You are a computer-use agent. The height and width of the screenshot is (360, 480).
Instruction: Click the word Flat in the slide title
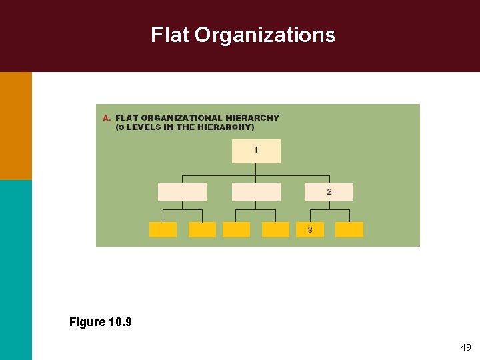coord(170,35)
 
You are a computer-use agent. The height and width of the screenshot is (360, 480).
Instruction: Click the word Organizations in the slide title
coord(265,35)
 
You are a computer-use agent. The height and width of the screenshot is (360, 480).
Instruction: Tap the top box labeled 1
coord(256,151)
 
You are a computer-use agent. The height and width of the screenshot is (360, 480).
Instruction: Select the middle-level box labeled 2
coord(329,192)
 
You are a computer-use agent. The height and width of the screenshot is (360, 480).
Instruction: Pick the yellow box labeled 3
coord(309,230)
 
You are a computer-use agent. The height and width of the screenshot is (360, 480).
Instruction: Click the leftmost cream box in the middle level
coord(182,192)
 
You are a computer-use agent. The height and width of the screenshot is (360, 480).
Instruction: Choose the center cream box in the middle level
coord(256,192)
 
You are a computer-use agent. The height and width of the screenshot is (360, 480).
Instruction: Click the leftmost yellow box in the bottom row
coord(163,230)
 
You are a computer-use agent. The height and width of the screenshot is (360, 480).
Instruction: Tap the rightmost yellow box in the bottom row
coord(349,230)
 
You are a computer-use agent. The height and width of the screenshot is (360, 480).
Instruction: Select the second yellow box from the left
coord(202,230)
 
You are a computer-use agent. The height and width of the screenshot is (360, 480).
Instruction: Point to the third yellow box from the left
coord(236,230)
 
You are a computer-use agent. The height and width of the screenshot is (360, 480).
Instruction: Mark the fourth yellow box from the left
coord(275,230)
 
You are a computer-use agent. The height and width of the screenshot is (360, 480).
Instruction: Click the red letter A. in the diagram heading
coord(107,118)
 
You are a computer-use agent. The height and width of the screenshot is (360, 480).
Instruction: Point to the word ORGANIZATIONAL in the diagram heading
coord(183,118)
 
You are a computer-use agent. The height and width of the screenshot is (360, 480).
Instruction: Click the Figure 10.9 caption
coord(101,323)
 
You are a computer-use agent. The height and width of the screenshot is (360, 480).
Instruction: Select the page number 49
coord(465,347)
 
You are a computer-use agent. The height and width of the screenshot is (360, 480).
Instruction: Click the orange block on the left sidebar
coord(15,125)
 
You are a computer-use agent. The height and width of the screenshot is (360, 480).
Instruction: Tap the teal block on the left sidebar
coord(15,270)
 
